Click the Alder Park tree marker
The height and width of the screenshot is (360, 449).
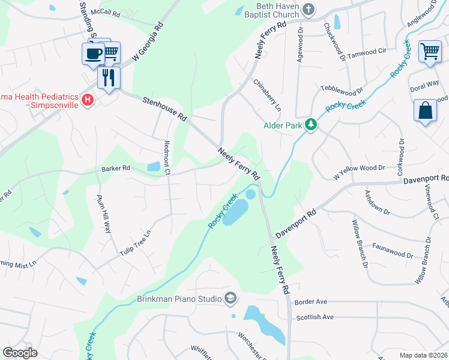pyautogui.click(x=311, y=125)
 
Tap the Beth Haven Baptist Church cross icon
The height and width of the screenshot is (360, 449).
pyautogui.click(x=309, y=9)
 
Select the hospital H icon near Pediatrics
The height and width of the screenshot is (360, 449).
pyautogui.click(x=88, y=100)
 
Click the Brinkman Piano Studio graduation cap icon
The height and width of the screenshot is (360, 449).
pyautogui.click(x=230, y=298)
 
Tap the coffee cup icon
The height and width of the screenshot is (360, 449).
pyautogui.click(x=92, y=53)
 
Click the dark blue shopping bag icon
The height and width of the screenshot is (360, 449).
pyautogui.click(x=425, y=111)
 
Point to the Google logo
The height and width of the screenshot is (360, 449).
pyautogui.click(x=20, y=353)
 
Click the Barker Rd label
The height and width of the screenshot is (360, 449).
pyautogui.click(x=116, y=169)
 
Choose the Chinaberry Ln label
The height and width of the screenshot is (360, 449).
pyautogui.click(x=267, y=95)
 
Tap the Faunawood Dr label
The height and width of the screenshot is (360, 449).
pyautogui.click(x=393, y=251)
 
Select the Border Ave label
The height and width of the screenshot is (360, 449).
pyautogui.click(x=310, y=301)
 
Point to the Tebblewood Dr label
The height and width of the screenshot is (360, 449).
pyautogui.click(x=342, y=88)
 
